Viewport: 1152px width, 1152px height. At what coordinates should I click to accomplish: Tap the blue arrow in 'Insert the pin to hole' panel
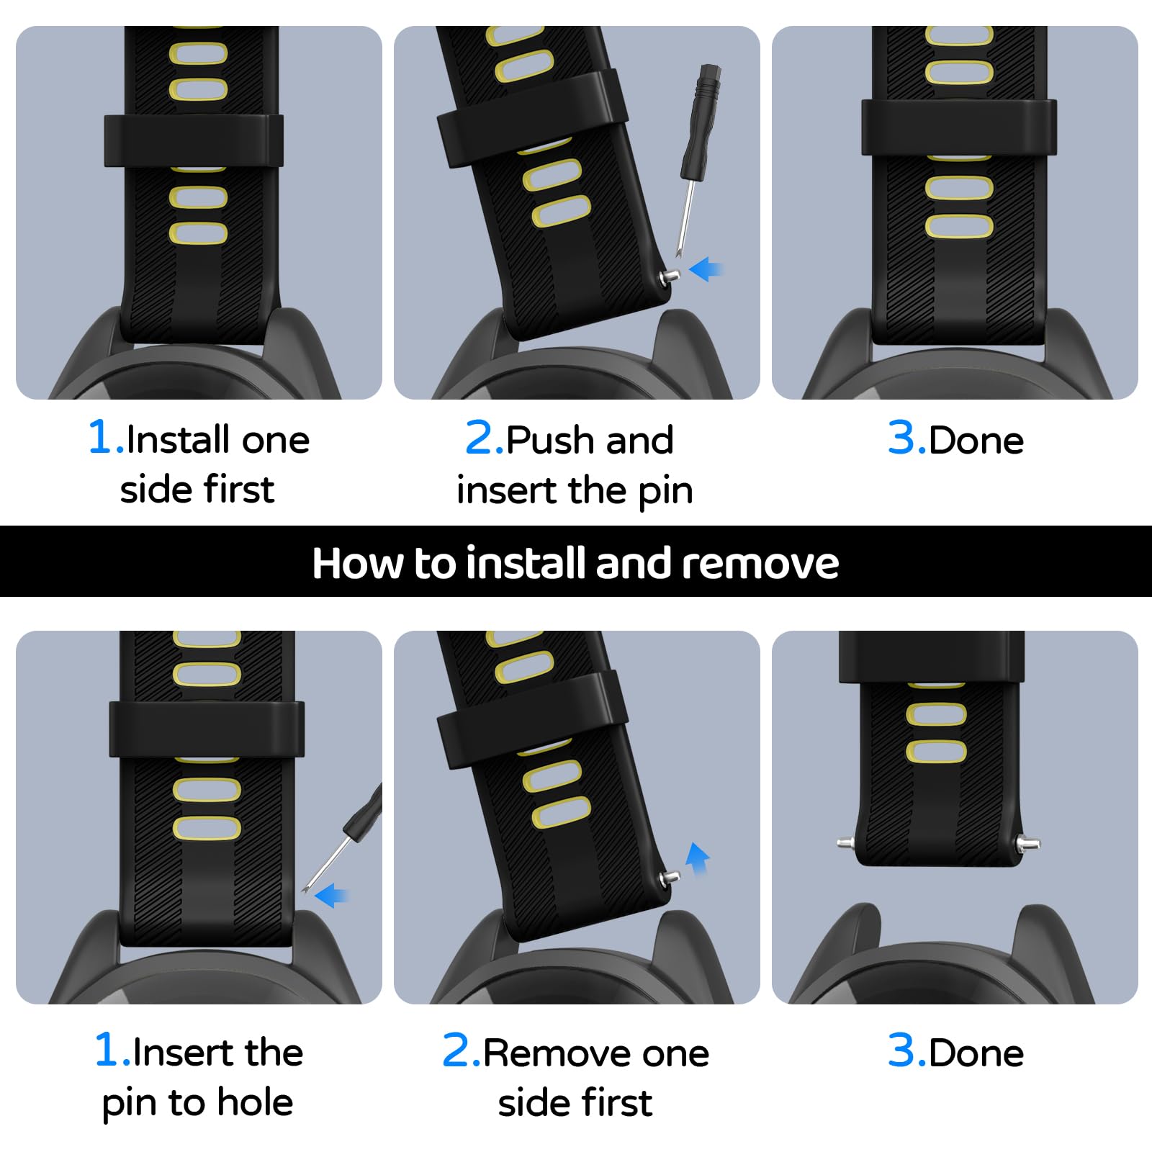click(331, 896)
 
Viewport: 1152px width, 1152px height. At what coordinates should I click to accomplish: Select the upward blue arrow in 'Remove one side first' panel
click(697, 858)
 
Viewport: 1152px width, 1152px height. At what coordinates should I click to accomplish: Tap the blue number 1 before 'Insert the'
click(107, 1050)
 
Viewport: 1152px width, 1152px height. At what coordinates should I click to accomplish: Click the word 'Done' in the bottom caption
click(976, 1053)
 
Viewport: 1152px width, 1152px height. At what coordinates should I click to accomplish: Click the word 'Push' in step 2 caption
click(551, 440)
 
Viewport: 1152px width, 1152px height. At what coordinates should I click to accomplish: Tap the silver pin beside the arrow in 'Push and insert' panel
click(670, 276)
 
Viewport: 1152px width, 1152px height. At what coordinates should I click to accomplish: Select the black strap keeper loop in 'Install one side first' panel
click(194, 140)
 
